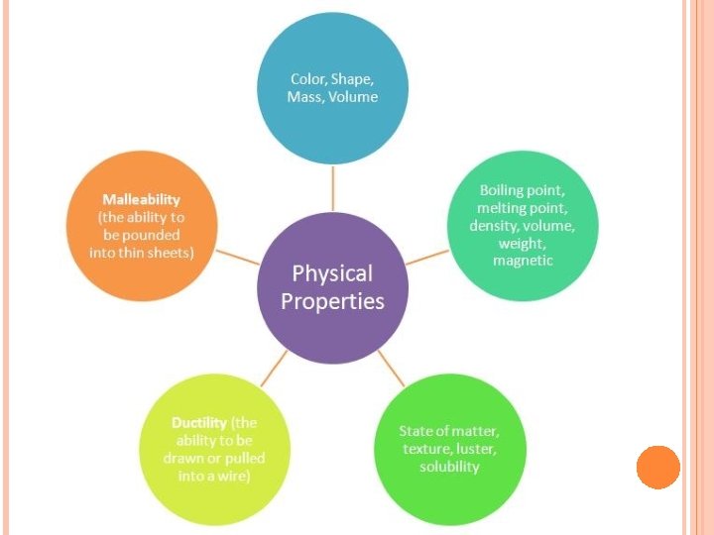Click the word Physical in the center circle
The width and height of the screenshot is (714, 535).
[x=332, y=273]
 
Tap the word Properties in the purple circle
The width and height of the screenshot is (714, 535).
[x=332, y=301]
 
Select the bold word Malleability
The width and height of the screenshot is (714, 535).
[x=140, y=200]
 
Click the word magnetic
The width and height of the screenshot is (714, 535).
[x=523, y=260]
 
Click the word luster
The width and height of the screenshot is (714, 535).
[x=475, y=449]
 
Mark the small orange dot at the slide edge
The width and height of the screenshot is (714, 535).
[x=658, y=467]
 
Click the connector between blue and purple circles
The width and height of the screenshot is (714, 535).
[x=333, y=187]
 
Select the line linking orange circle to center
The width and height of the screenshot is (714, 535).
[x=239, y=257]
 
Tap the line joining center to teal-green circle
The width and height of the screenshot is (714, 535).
[x=427, y=256]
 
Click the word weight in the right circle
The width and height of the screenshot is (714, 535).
[x=521, y=243]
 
